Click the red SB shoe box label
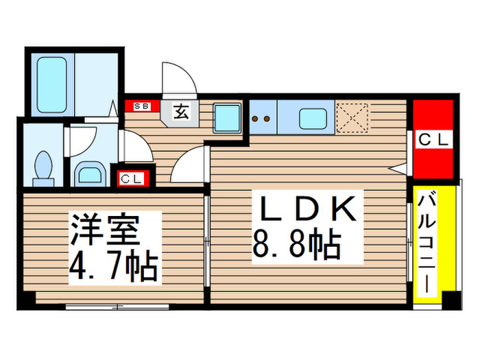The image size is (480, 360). [x=142, y=106]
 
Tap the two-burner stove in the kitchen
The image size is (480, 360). [x=262, y=118]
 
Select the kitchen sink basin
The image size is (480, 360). [x=315, y=117]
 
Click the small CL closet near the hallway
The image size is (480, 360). [x=132, y=179]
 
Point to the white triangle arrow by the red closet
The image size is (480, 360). [x=397, y=167]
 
